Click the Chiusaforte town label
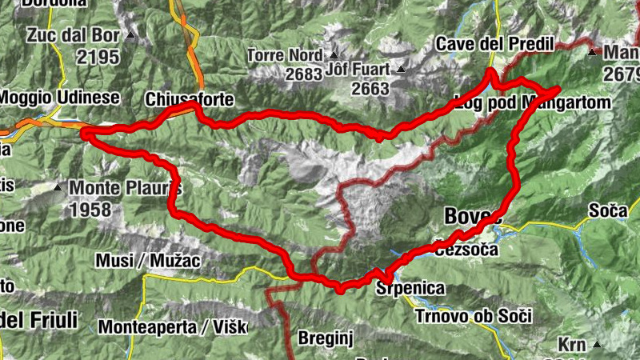click(x=190, y=99)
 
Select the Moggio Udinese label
click(x=60, y=97)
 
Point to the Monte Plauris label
click(x=126, y=189)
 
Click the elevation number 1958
click(x=94, y=210)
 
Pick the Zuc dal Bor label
click(x=72, y=35)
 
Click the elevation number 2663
click(x=370, y=88)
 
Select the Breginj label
click(x=320, y=338)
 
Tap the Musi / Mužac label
click(x=147, y=261)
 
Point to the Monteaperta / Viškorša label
click(x=172, y=326)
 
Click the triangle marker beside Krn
click(x=597, y=346)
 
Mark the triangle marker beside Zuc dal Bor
click(x=129, y=35)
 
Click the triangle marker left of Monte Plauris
click(x=58, y=189)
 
